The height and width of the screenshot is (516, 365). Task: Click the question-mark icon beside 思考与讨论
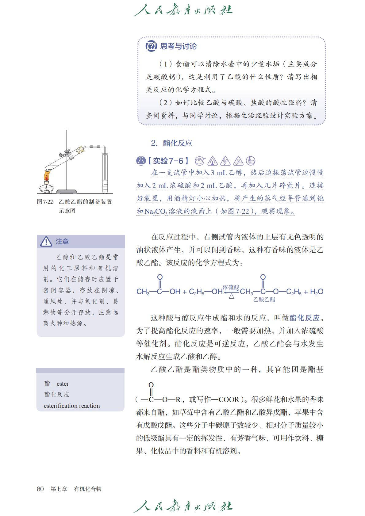coord(151,46)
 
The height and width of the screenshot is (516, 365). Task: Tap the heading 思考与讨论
coord(178,46)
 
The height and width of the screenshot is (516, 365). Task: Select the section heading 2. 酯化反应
coord(172,143)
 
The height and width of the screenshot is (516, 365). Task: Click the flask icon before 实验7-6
coord(141,161)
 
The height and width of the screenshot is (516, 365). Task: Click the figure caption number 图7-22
coord(45,202)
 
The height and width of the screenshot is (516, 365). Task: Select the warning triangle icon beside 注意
coord(46,242)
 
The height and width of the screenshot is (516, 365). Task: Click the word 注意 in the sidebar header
coord(62,242)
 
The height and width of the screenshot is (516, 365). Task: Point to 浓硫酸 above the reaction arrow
coord(231,287)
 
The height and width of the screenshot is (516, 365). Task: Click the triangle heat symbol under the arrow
coord(232,296)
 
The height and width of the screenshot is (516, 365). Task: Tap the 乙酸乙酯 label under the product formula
coord(264,300)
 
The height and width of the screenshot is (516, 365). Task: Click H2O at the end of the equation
coord(317,292)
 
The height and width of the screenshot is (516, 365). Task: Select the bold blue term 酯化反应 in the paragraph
coord(304,318)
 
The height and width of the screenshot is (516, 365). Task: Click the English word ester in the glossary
coord(63,384)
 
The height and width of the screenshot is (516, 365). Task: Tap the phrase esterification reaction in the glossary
coord(72,406)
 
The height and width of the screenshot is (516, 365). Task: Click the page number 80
coord(40,489)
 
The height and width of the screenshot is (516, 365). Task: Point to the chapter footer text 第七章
coord(59,489)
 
